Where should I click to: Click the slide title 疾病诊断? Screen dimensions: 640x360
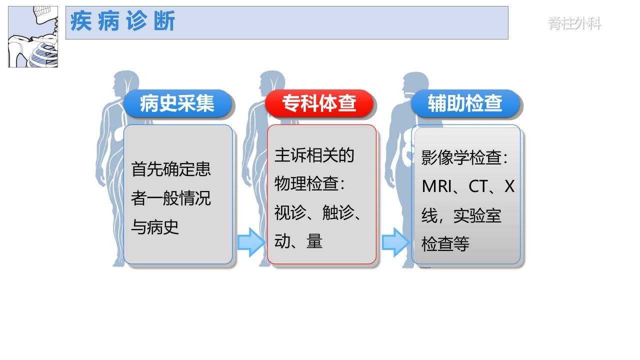[122, 21]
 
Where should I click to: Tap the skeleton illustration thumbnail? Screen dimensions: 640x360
[33, 37]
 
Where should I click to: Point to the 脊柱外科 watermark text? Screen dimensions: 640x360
[574, 23]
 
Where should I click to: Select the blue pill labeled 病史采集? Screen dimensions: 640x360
[177, 103]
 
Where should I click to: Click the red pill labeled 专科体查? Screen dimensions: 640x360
[319, 103]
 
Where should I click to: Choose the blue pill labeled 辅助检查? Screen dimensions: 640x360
[465, 103]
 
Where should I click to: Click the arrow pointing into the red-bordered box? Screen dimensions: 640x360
[251, 242]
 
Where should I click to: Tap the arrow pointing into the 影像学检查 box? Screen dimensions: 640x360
[395, 242]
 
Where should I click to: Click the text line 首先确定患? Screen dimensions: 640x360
[171, 169]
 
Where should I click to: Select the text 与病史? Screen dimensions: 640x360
[155, 227]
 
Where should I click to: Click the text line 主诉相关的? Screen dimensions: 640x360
[314, 155]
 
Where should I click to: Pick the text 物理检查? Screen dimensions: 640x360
[309, 183]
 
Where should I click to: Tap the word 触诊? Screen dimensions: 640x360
[338, 212]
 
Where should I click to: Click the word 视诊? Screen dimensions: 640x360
[290, 212]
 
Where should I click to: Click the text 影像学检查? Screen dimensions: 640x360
[464, 157]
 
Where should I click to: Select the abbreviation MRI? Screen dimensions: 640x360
[436, 186]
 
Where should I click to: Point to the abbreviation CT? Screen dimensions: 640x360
[478, 186]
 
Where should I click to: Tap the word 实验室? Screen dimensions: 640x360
[477, 215]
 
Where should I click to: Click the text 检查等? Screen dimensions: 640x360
[445, 244]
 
